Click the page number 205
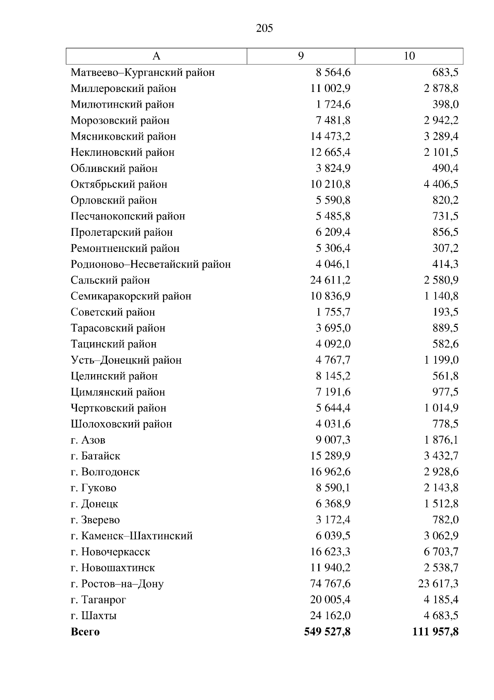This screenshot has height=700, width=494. (x=264, y=28)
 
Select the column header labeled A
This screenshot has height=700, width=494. (x=156, y=56)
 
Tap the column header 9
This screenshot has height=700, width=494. (x=301, y=56)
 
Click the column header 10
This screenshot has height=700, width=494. (x=409, y=56)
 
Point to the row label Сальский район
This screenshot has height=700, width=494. (x=110, y=280)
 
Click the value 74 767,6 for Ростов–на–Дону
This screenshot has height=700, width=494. (x=330, y=584)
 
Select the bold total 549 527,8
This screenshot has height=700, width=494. (x=327, y=632)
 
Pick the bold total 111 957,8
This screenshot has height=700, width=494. (x=435, y=632)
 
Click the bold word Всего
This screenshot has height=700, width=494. (x=85, y=632)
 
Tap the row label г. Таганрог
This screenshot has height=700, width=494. (x=98, y=600)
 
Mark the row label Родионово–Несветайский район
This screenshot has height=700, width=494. (x=151, y=264)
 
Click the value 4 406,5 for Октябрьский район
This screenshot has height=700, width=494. (x=441, y=184)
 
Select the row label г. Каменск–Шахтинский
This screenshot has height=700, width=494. (x=132, y=536)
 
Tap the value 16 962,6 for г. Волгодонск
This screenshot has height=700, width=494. (x=330, y=472)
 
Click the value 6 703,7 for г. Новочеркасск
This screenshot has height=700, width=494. (x=441, y=552)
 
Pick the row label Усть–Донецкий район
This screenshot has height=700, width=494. (x=126, y=360)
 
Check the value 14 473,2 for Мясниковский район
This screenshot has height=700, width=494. (x=330, y=136)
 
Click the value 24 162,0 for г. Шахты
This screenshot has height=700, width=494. (x=330, y=615)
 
